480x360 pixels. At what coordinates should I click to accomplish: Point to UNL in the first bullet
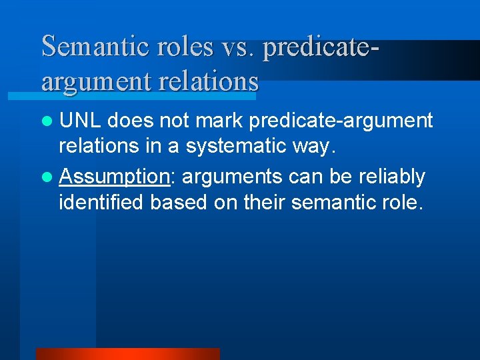pos(81,121)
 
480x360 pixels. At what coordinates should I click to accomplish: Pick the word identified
pos(102,202)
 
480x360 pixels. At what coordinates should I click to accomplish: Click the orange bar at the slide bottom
pos(127,354)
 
